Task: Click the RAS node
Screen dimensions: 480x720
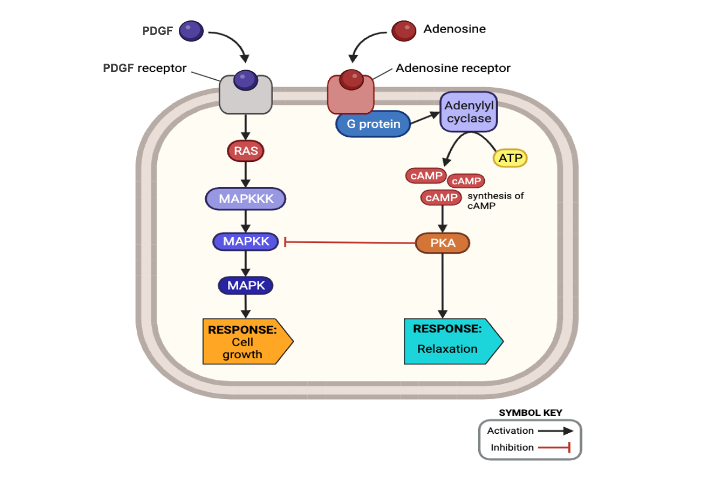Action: pyautogui.click(x=246, y=151)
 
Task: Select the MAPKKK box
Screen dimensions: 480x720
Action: pyautogui.click(x=245, y=199)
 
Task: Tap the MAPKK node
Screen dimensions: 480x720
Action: pyautogui.click(x=245, y=242)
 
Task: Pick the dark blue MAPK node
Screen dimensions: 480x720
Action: pyautogui.click(x=245, y=286)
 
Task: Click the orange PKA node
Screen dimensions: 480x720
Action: pyautogui.click(x=443, y=244)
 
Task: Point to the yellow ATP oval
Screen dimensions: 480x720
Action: pyautogui.click(x=510, y=158)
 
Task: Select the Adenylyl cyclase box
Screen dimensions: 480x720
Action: pyautogui.click(x=469, y=112)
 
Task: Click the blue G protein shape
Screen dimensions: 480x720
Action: pyautogui.click(x=373, y=124)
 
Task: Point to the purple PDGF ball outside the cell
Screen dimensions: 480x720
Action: pyautogui.click(x=191, y=30)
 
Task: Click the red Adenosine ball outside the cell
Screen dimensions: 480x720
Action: pyautogui.click(x=404, y=30)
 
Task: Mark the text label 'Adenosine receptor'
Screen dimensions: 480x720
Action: pyautogui.click(x=453, y=68)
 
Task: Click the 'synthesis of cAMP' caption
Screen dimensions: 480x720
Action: pyautogui.click(x=496, y=200)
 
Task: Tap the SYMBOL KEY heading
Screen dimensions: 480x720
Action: pyautogui.click(x=530, y=413)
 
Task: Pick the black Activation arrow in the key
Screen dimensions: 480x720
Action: pyautogui.click(x=555, y=430)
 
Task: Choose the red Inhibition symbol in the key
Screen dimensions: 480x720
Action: pyautogui.click(x=553, y=447)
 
